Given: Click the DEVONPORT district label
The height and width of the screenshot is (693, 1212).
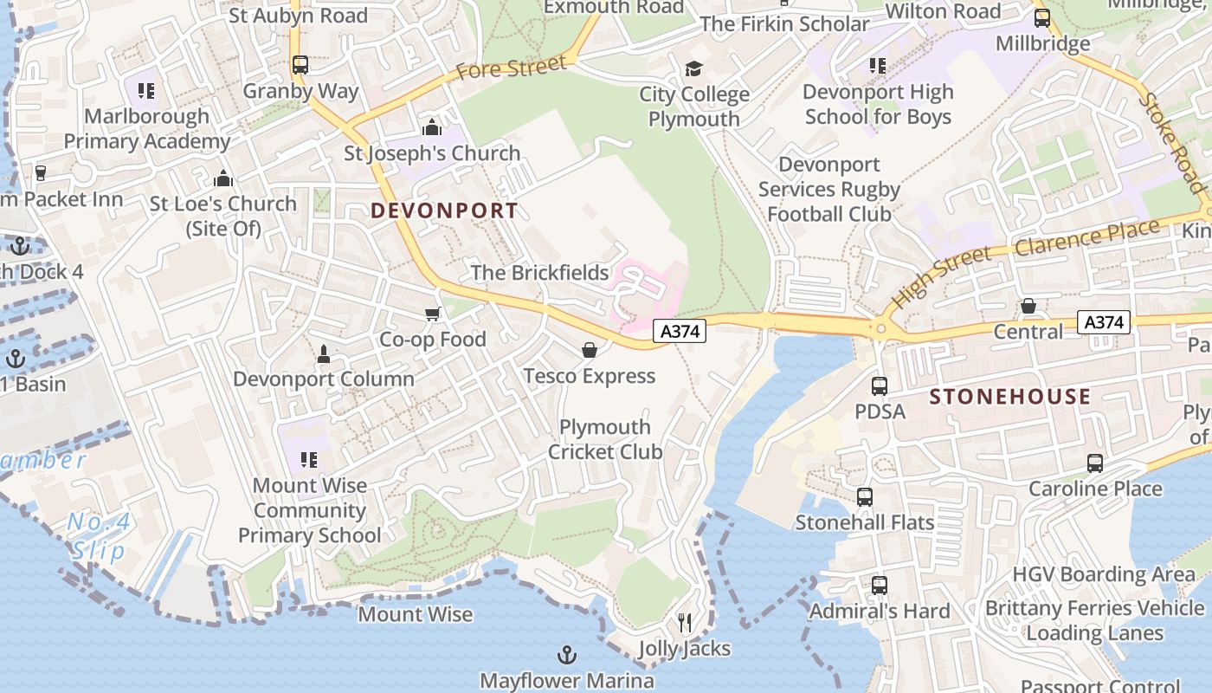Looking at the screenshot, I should tap(444, 210).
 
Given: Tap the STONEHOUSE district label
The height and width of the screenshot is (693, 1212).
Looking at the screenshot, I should tap(1009, 397).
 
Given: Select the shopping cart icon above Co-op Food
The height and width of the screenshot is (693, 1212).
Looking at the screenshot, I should tap(432, 314).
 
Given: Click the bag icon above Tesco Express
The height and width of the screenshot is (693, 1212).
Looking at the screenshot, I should tap(590, 350).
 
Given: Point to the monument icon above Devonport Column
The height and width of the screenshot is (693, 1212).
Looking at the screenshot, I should tap(324, 353).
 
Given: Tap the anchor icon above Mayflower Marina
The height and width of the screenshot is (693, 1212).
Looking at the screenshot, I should tap(567, 654).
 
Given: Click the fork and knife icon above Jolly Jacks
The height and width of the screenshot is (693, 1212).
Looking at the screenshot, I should tap(685, 622).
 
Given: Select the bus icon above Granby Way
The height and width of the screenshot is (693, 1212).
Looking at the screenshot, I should tap(300, 65).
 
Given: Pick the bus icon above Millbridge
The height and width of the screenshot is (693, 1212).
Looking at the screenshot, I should tap(1042, 17).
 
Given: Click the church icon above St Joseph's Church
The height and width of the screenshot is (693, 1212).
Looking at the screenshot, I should tap(432, 128).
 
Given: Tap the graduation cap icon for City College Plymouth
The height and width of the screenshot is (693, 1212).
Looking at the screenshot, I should tap(693, 68).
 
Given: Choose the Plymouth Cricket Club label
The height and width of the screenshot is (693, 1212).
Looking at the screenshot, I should tap(605, 439).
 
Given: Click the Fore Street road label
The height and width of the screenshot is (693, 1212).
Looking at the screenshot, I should tap(511, 67).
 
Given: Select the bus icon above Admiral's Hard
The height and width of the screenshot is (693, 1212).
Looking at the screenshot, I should tap(880, 585).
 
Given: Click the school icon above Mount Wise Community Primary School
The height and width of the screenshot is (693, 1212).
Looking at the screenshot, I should tap(309, 459).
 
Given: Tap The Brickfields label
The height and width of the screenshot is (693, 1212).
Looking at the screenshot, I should tap(539, 273).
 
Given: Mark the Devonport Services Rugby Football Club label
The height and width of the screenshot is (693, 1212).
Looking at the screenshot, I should tap(829, 189).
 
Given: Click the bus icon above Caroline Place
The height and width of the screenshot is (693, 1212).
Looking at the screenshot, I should tap(1095, 463).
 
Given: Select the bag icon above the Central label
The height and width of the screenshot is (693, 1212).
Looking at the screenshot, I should tap(1028, 306).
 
